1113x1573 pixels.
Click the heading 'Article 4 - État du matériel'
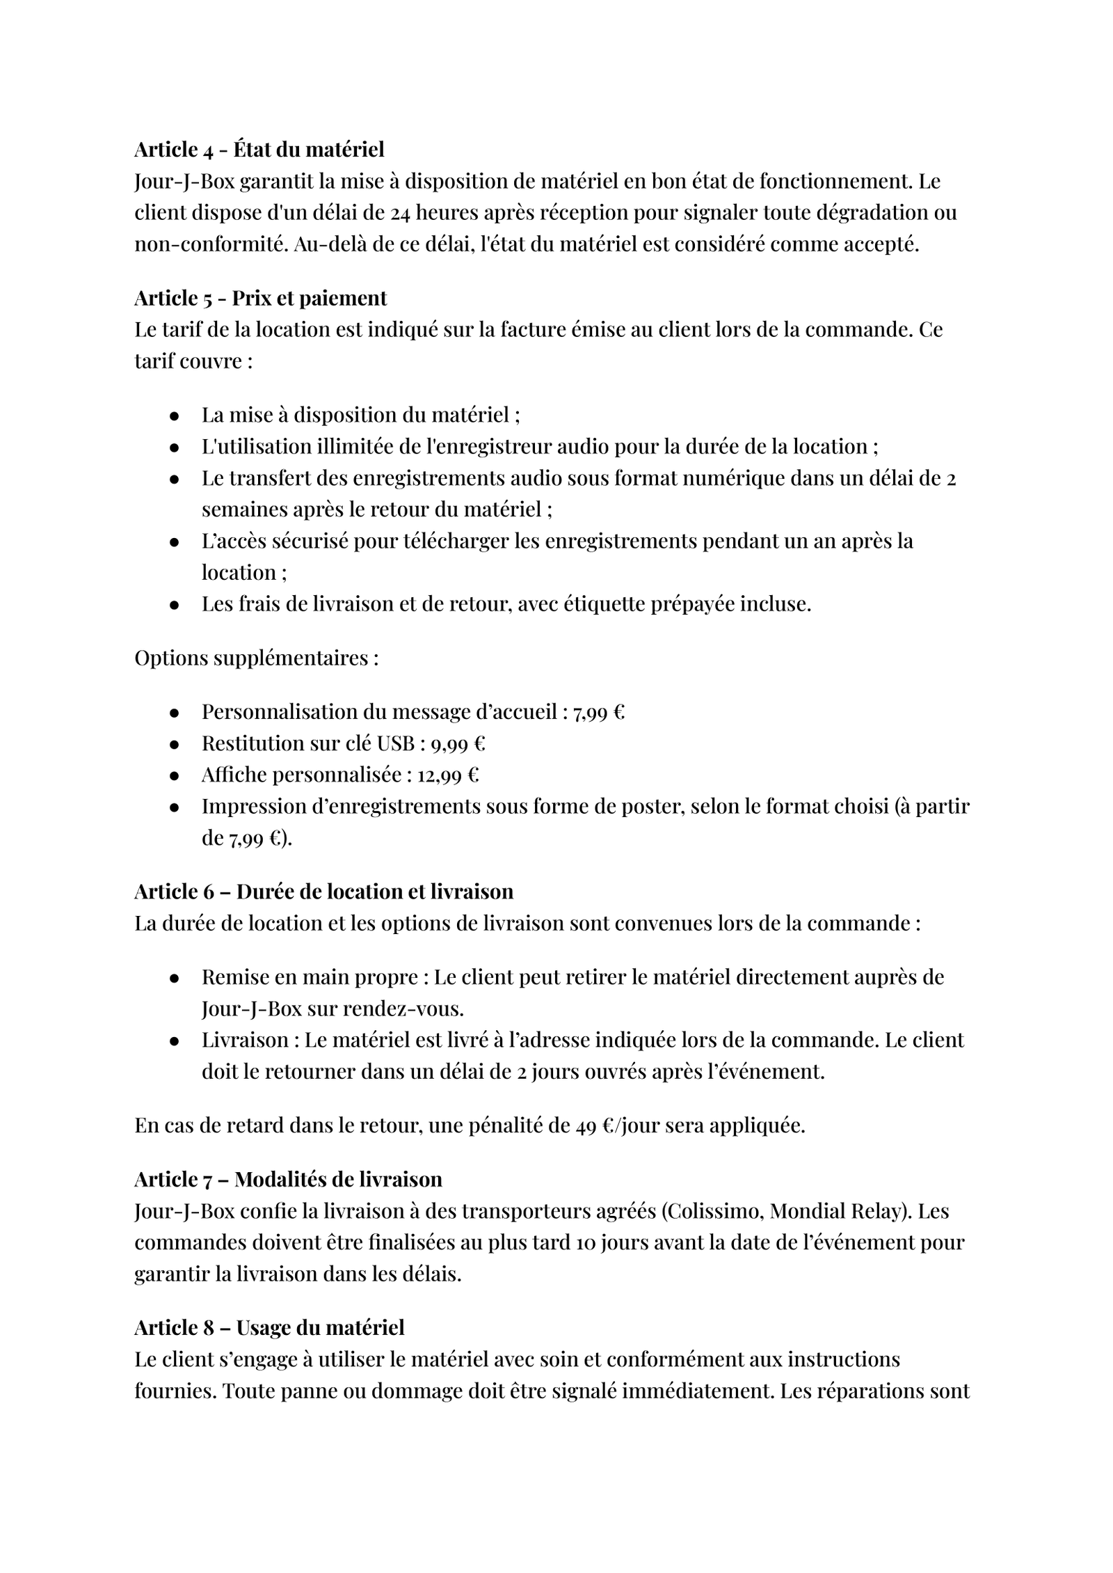259,150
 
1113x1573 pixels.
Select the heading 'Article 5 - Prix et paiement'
260,298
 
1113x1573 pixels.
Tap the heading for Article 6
323,892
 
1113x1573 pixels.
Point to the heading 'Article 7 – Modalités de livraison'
288,1179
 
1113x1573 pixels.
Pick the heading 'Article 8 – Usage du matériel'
269,1327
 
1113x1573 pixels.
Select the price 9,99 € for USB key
458,743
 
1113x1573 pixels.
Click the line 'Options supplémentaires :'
257,658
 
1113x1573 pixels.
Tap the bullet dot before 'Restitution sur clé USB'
175,744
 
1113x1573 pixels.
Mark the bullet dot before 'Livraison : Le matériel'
175,1041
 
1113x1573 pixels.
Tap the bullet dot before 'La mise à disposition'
175,416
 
